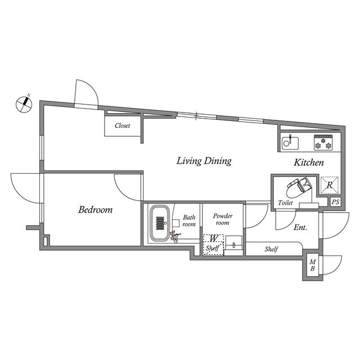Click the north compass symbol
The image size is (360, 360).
click(x=23, y=103)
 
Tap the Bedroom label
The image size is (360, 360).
click(x=95, y=210)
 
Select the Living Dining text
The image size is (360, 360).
click(x=204, y=161)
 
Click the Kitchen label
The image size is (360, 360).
click(x=309, y=163)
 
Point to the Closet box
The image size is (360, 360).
click(x=123, y=125)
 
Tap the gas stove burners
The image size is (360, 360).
click(x=325, y=143)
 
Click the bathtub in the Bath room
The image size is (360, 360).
click(x=160, y=223)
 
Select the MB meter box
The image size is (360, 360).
click(x=313, y=265)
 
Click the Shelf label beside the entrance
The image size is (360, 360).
click(x=272, y=249)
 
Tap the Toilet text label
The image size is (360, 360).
click(x=285, y=203)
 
